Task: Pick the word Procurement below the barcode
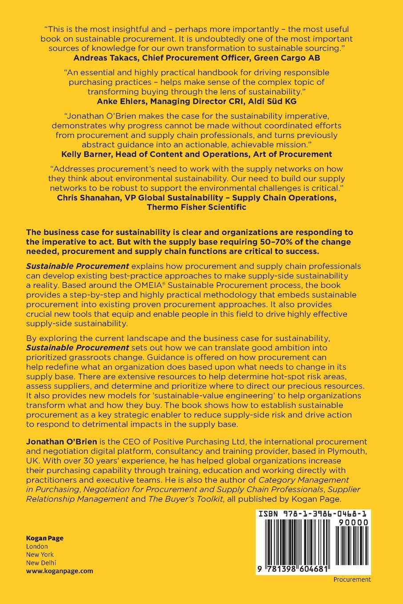pos(352,579)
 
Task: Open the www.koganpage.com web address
pos(60,571)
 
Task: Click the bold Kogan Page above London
pos(45,538)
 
